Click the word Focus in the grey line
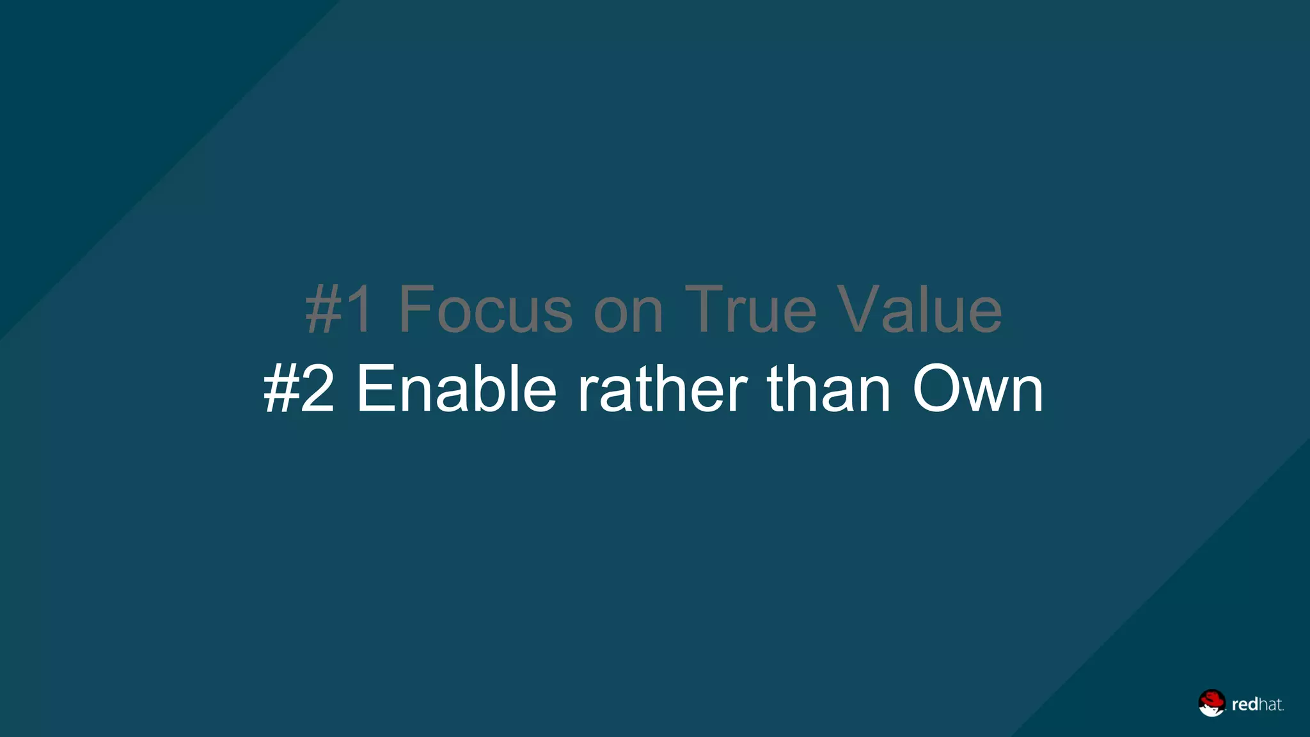[x=485, y=310]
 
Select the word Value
[x=920, y=310]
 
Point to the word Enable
[x=456, y=389]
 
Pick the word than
[x=829, y=389]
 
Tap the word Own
[x=977, y=389]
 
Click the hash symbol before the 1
[x=324, y=310]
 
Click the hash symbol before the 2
[x=281, y=389]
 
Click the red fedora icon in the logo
[x=1211, y=702]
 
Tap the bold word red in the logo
[x=1245, y=705]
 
